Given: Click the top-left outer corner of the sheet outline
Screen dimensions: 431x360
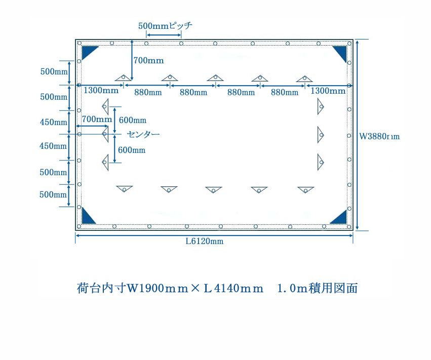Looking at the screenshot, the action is click(75, 39).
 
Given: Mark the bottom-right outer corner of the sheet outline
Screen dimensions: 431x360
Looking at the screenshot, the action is click(353, 230).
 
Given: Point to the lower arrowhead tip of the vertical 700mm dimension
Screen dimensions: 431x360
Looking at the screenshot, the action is click(132, 81).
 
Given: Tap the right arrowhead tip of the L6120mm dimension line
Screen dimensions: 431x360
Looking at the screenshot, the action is click(353, 235).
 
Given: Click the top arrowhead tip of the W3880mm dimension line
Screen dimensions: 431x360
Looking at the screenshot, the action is click(357, 40).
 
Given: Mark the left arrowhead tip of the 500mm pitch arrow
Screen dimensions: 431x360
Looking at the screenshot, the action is click(146, 35).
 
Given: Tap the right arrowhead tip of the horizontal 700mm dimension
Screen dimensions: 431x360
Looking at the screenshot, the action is click(108, 126).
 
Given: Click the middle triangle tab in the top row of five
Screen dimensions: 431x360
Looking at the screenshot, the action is click(215, 78).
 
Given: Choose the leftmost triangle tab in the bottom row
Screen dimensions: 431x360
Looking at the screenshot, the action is click(125, 189).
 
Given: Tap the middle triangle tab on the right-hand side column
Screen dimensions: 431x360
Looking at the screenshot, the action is click(321, 135).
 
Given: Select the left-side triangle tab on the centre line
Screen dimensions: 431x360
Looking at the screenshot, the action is click(105, 134).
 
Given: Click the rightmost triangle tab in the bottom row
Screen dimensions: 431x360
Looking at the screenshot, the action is click(305, 190).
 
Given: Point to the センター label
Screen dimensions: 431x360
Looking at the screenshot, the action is click(143, 134).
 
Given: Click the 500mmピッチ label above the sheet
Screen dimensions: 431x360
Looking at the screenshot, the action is click(165, 25).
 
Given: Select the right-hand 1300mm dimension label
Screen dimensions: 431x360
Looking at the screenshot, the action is click(328, 91).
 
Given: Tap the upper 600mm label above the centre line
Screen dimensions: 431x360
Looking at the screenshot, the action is click(133, 120).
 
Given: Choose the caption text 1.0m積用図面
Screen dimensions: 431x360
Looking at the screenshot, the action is click(318, 288).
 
